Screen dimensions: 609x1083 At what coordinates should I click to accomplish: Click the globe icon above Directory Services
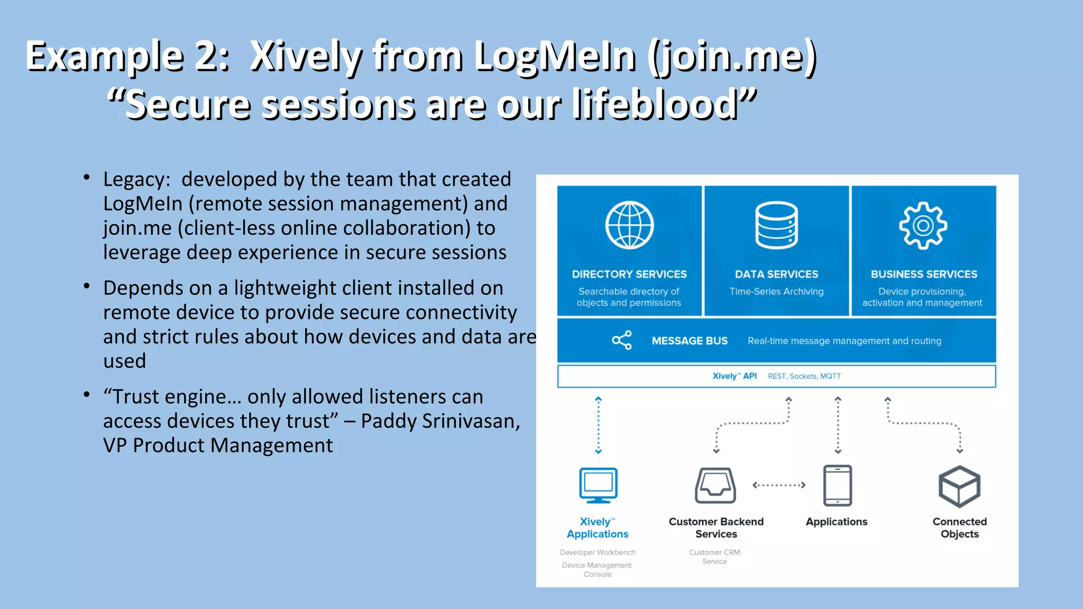coord(629,225)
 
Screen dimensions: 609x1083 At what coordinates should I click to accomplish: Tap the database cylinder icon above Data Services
coord(776,225)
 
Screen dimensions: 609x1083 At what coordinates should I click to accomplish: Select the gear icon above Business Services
coord(923,225)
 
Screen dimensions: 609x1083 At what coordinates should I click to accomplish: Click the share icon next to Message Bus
coord(622,340)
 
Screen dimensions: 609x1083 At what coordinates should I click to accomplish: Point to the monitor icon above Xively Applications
coord(598,485)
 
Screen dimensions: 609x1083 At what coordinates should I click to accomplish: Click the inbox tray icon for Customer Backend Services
coord(715,485)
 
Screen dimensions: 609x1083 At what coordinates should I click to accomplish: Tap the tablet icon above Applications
coord(838,485)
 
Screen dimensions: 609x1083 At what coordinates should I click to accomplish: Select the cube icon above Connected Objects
coord(959,486)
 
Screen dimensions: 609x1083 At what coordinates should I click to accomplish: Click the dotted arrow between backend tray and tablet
coord(779,485)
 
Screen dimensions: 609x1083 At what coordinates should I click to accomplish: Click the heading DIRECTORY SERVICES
coord(629,274)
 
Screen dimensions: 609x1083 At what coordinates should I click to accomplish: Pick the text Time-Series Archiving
coord(776,291)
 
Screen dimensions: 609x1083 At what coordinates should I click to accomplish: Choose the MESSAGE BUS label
coord(690,341)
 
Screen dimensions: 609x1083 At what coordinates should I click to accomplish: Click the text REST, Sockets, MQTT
coord(804,376)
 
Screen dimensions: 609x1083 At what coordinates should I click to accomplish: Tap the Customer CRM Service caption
coord(714,557)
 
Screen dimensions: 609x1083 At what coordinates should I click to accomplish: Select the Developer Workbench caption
coord(598,552)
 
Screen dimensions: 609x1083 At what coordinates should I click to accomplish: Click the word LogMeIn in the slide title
coord(555,56)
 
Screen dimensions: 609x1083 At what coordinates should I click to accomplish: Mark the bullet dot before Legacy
coord(87,178)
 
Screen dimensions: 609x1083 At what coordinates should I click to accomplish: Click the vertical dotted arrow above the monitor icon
coord(598,425)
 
